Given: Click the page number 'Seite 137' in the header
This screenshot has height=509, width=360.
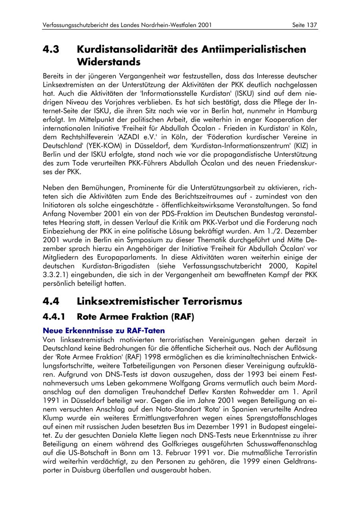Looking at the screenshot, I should tap(305, 25).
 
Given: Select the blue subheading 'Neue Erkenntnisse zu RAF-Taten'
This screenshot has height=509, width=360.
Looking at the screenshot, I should tap(104, 331).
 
